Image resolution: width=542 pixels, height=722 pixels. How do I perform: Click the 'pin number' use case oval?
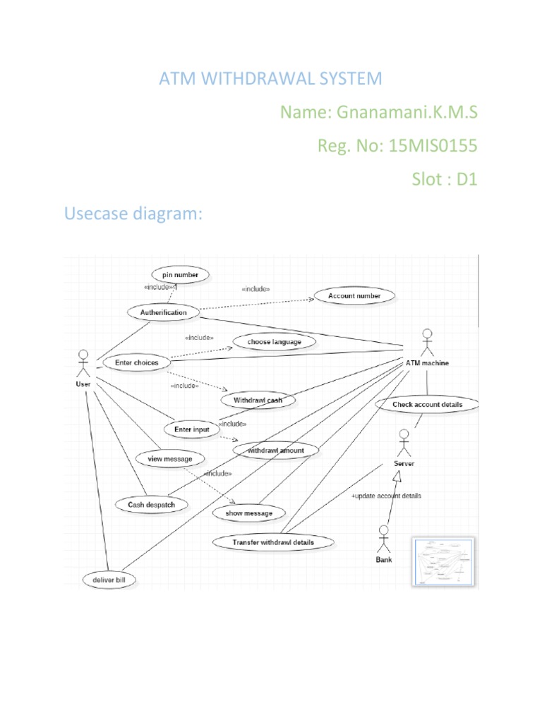tap(180, 274)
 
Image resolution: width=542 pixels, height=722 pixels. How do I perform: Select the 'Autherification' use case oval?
tap(163, 312)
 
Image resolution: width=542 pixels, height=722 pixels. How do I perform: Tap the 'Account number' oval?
tap(354, 296)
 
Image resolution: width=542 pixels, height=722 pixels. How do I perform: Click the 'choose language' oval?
tap(274, 342)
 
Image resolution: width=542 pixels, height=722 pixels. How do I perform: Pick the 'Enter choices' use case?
tap(136, 362)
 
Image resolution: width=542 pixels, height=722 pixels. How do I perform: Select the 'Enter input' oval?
tap(191, 429)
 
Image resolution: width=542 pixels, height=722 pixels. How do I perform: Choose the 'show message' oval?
tap(248, 513)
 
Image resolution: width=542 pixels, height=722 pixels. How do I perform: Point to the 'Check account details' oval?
tap(427, 404)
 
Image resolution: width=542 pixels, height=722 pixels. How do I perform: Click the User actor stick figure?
tap(84, 363)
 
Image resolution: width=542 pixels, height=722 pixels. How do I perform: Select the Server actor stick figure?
tap(403, 443)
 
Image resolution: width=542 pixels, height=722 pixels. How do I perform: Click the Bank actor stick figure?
tap(384, 539)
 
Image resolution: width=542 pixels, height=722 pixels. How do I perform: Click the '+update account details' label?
tap(385, 496)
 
